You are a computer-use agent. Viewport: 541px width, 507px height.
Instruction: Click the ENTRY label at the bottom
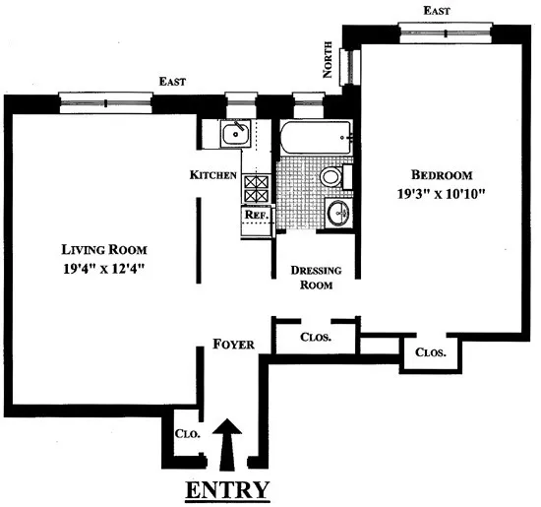[229, 489]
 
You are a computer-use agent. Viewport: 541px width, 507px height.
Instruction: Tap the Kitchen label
[213, 175]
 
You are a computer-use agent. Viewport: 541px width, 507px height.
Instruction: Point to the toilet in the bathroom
[331, 177]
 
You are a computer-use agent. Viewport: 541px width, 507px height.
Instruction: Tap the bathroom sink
[339, 212]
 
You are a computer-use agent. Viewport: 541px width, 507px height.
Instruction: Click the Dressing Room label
[315, 277]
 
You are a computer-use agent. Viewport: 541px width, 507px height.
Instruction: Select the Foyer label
[234, 345]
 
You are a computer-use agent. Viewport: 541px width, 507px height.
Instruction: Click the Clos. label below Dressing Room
[316, 337]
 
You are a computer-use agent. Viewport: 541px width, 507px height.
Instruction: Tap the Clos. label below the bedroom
[431, 352]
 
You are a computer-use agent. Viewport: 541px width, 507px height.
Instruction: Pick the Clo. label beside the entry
[188, 432]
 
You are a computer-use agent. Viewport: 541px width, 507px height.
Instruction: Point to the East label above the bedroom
[436, 9]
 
